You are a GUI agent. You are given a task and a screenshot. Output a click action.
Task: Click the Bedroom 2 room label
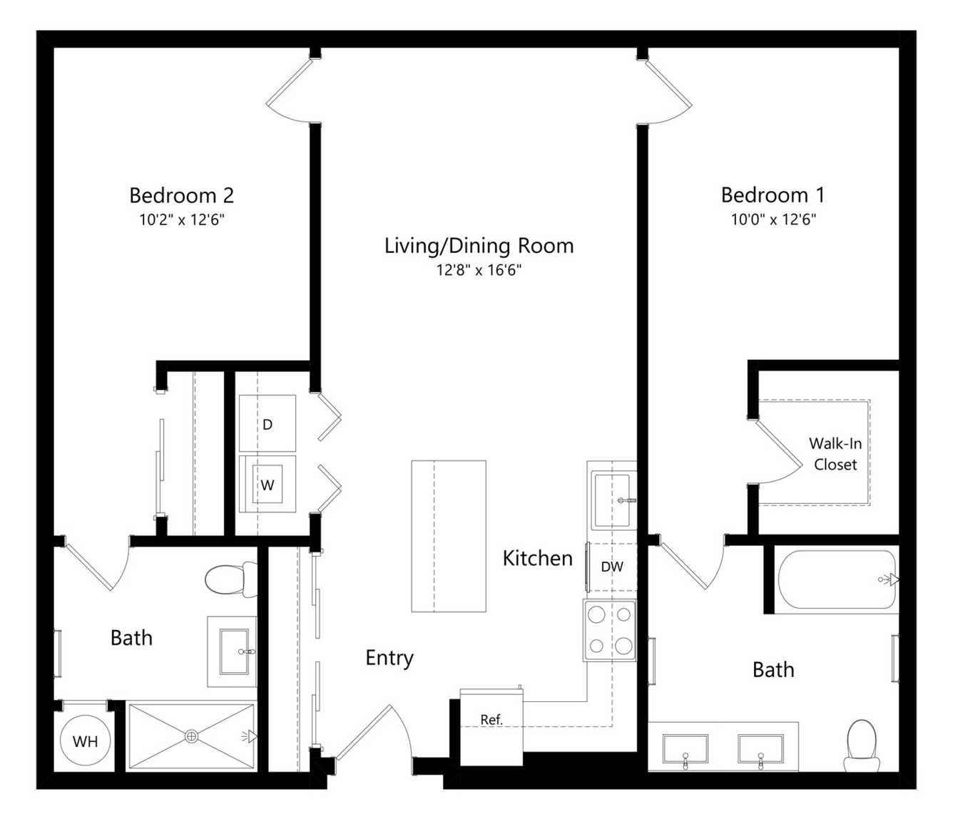(x=182, y=195)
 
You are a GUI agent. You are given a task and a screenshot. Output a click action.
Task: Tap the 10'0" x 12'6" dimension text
(x=773, y=220)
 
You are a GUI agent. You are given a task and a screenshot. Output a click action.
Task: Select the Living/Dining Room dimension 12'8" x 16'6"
(x=479, y=269)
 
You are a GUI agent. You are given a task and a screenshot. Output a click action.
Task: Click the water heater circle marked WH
(x=86, y=741)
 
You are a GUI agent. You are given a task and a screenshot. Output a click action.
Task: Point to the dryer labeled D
(x=267, y=423)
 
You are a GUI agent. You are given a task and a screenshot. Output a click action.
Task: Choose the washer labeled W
(x=267, y=484)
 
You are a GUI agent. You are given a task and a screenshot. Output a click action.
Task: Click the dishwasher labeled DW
(x=612, y=567)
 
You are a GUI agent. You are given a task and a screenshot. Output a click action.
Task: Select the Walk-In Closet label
(x=835, y=454)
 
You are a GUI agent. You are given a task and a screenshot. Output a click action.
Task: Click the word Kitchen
(x=538, y=559)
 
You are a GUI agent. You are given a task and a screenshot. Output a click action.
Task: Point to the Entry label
(x=389, y=658)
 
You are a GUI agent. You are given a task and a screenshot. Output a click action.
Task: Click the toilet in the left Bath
(x=231, y=579)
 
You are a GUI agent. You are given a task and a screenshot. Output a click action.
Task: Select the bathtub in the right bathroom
(x=837, y=579)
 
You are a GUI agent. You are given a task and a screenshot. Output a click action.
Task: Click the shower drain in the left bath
(x=191, y=736)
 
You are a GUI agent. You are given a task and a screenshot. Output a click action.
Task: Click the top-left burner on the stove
(x=596, y=614)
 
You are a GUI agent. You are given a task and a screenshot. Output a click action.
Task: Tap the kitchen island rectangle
(x=449, y=536)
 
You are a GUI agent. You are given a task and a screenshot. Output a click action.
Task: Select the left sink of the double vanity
(x=686, y=749)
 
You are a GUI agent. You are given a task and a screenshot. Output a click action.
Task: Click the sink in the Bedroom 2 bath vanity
(x=235, y=652)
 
